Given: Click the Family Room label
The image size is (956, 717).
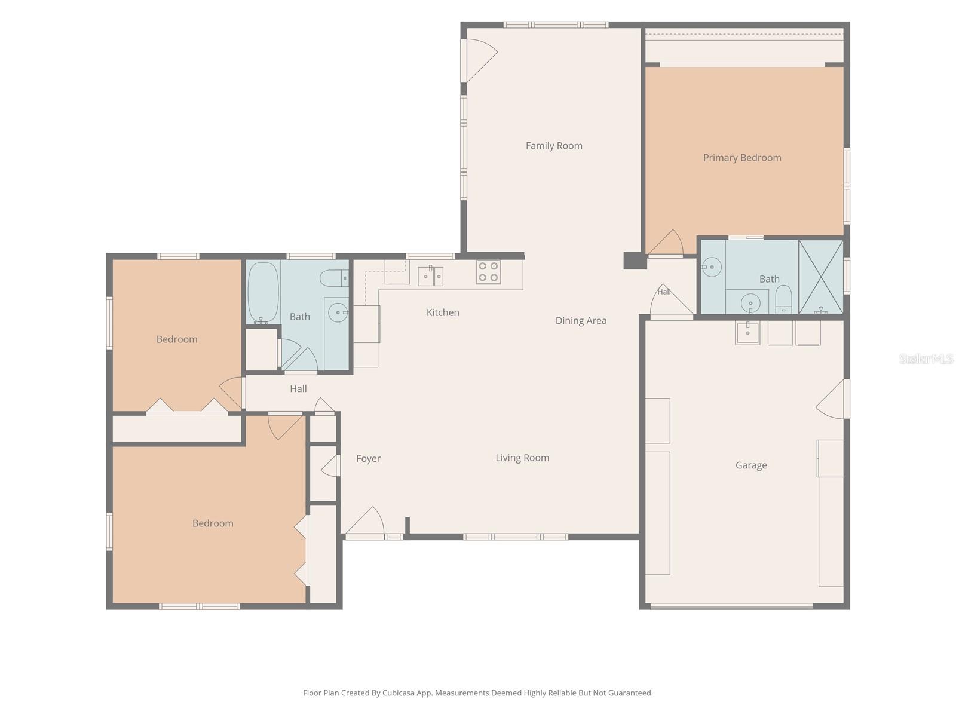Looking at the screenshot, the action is point(553,146).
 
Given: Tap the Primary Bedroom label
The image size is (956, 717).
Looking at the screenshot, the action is point(741,158).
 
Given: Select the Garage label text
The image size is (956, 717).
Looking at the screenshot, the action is point(751,465).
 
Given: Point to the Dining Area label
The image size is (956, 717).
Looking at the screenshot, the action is point(581,321).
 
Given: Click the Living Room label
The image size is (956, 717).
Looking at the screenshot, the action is point(522,458).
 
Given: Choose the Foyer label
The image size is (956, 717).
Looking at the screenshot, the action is point(368,459).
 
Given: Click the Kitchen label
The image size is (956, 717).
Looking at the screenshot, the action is point(443,312).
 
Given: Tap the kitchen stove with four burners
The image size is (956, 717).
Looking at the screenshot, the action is point(488,272).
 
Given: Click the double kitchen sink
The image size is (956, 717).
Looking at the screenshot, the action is point(430,275).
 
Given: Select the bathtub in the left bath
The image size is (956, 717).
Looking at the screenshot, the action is point(263,293).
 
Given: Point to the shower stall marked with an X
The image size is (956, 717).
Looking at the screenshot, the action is point(820,277).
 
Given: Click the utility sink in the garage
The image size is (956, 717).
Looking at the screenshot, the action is point(747,333).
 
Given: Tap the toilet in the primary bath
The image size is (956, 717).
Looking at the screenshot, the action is point(783,299).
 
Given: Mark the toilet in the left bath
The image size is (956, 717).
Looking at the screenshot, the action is point(334,278).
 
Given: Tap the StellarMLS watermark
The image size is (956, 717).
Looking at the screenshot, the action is point(926,358).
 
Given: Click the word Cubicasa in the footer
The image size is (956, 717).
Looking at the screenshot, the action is point(398,693).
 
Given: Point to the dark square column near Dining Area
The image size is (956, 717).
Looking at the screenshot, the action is point(635,261).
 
